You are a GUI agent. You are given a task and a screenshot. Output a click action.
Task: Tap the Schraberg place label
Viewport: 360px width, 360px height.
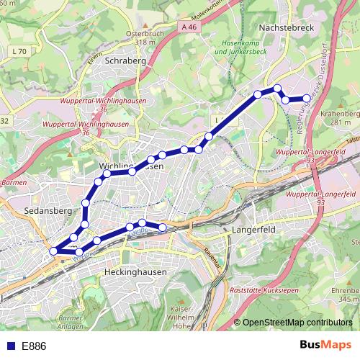coord(125,61)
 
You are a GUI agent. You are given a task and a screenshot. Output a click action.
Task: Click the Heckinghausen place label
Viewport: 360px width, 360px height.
coord(135,272)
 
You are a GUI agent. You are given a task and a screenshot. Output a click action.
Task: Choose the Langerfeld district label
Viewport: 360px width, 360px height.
coord(254,230)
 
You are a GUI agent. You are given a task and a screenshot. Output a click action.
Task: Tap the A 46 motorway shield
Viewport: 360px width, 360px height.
coord(189,27)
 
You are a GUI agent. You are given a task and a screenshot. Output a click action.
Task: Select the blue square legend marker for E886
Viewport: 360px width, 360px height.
coord(10,346)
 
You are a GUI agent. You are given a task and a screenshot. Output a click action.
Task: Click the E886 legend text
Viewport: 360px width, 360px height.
coord(33,346)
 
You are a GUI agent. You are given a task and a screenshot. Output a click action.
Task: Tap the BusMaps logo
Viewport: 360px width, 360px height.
coord(325,346)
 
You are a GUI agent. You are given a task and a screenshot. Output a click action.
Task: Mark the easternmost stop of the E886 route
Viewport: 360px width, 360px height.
coord(307,98)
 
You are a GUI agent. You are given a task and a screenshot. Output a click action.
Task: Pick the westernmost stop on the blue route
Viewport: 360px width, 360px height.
coord(54,251)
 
